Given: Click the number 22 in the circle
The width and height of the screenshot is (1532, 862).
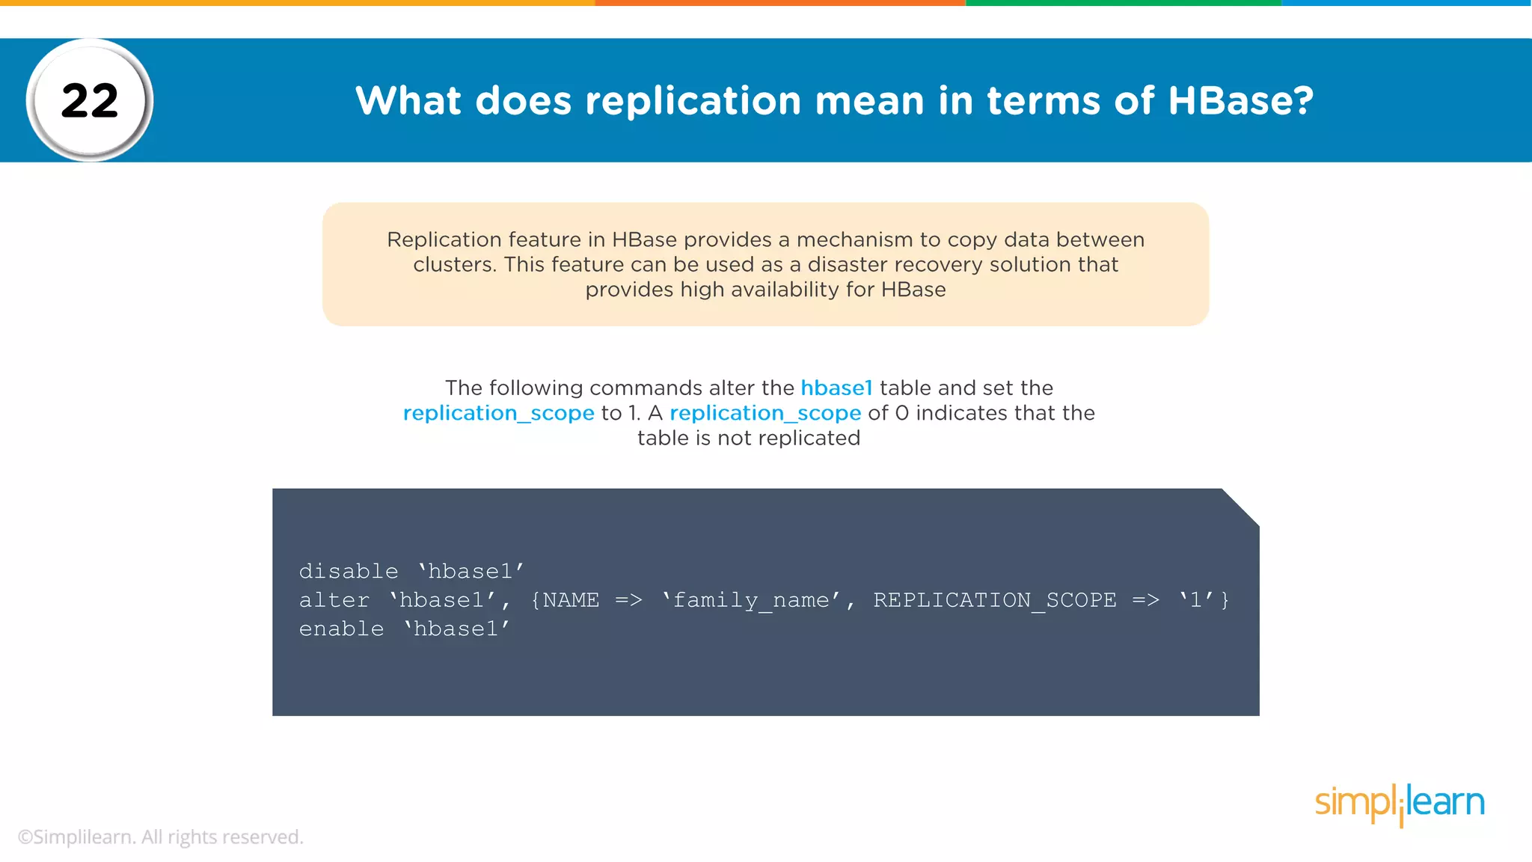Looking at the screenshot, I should (90, 100).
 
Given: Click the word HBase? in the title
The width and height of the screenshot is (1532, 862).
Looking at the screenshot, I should (1240, 100).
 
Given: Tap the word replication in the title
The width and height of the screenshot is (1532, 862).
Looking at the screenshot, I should (693, 100).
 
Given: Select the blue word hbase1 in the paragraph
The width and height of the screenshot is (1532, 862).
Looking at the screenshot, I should (836, 388).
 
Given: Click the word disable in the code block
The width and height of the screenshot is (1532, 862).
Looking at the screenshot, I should (349, 571).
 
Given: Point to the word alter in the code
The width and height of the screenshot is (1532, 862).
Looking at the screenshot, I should (334, 600).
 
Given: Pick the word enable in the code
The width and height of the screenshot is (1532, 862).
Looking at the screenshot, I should (341, 629).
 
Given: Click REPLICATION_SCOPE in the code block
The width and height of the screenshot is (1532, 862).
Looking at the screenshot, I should (994, 600).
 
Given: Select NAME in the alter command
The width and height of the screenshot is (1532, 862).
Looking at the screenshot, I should (571, 600).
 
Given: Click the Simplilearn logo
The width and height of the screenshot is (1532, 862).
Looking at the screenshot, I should (1400, 804).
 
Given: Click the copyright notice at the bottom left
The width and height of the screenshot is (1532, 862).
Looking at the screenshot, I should (160, 837).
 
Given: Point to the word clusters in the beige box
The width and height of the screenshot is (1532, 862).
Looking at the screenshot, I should (453, 264).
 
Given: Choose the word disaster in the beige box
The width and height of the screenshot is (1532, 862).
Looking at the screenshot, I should (848, 264).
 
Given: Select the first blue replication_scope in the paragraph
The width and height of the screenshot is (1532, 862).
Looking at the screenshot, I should (498, 413).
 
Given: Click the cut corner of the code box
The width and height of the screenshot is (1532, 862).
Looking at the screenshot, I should (1241, 507).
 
